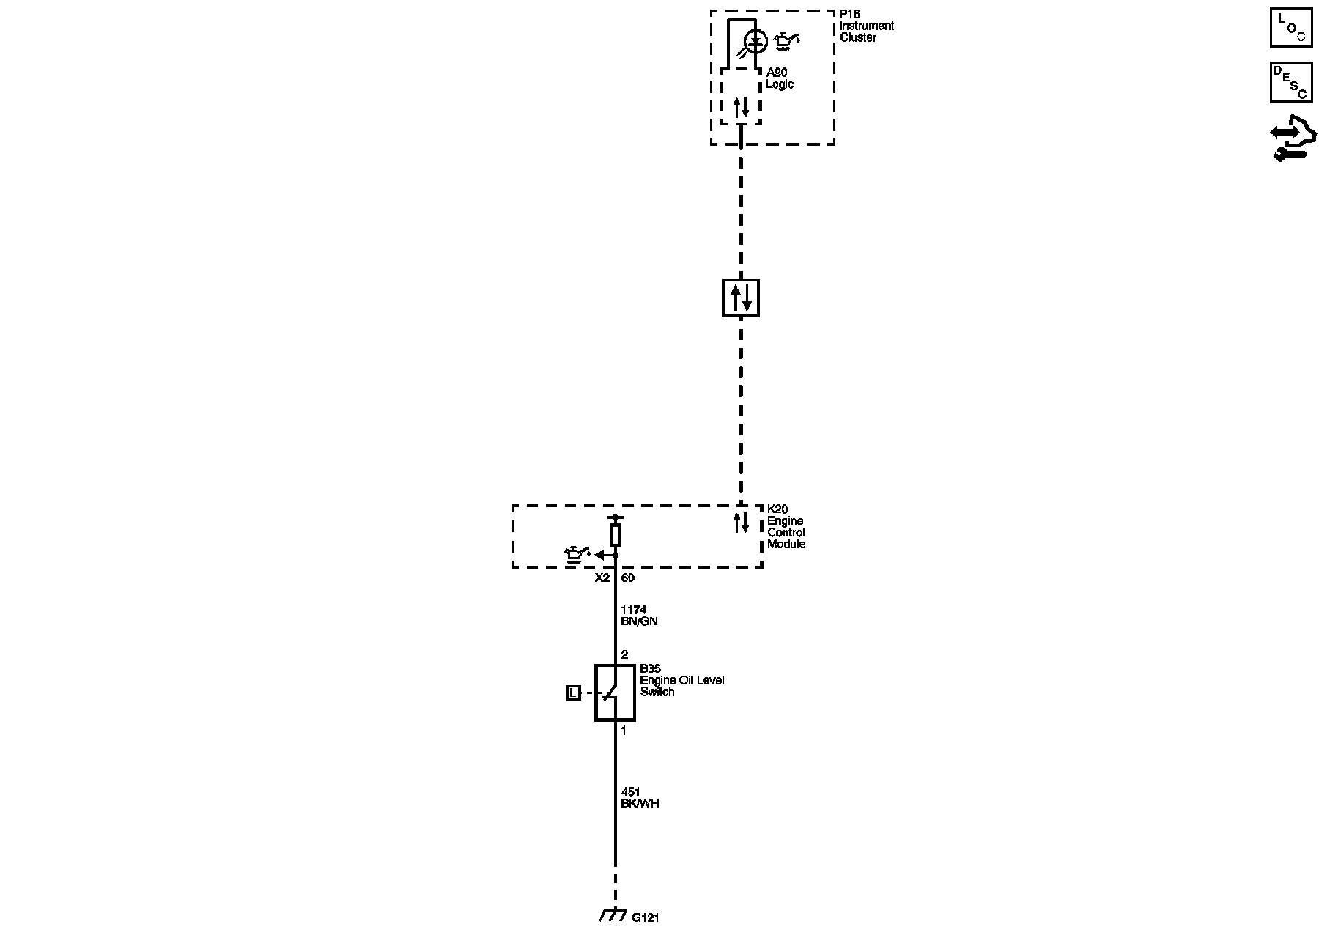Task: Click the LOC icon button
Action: tap(1290, 28)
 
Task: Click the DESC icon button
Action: tap(1290, 82)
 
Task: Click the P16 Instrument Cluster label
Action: tap(866, 26)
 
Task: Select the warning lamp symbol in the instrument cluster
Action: tap(755, 41)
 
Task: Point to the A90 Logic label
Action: tap(780, 78)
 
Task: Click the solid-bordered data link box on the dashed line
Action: tap(741, 298)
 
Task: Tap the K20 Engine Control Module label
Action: tap(786, 527)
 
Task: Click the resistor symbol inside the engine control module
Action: tap(616, 535)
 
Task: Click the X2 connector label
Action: tap(602, 577)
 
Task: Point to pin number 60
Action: tap(628, 577)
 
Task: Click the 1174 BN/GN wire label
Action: tap(639, 616)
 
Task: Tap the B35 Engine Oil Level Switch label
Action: tap(681, 680)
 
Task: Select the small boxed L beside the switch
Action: tap(573, 693)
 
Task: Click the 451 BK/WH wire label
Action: tap(640, 797)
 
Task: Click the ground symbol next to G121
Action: tap(613, 916)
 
